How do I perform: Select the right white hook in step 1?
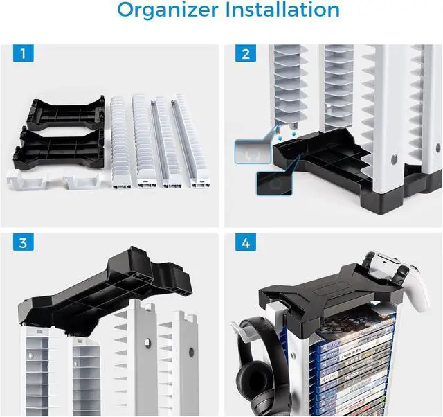(x=80, y=179)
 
